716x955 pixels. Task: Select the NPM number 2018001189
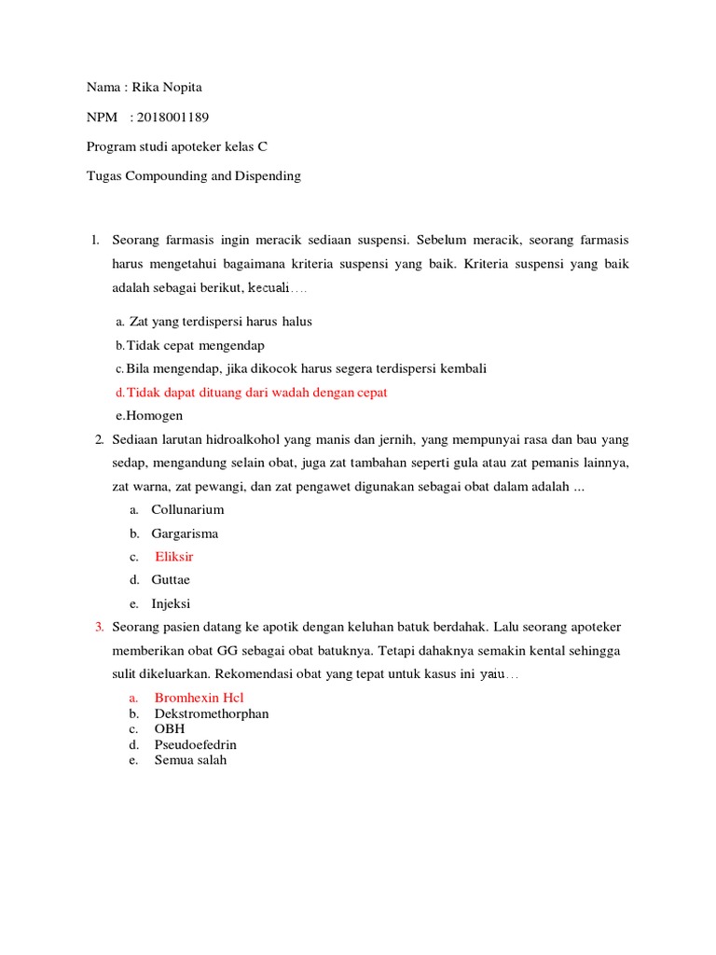172,117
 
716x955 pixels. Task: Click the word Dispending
268,175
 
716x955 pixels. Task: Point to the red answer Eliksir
174,557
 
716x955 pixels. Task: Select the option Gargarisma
186,533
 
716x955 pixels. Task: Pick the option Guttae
172,580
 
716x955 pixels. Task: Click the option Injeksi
172,603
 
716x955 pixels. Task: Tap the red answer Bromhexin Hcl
199,698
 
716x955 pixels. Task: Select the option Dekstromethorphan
212,713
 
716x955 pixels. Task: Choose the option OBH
170,728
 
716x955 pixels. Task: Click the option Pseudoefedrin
196,744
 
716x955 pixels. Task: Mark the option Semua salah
190,760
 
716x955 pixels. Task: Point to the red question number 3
99,627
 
